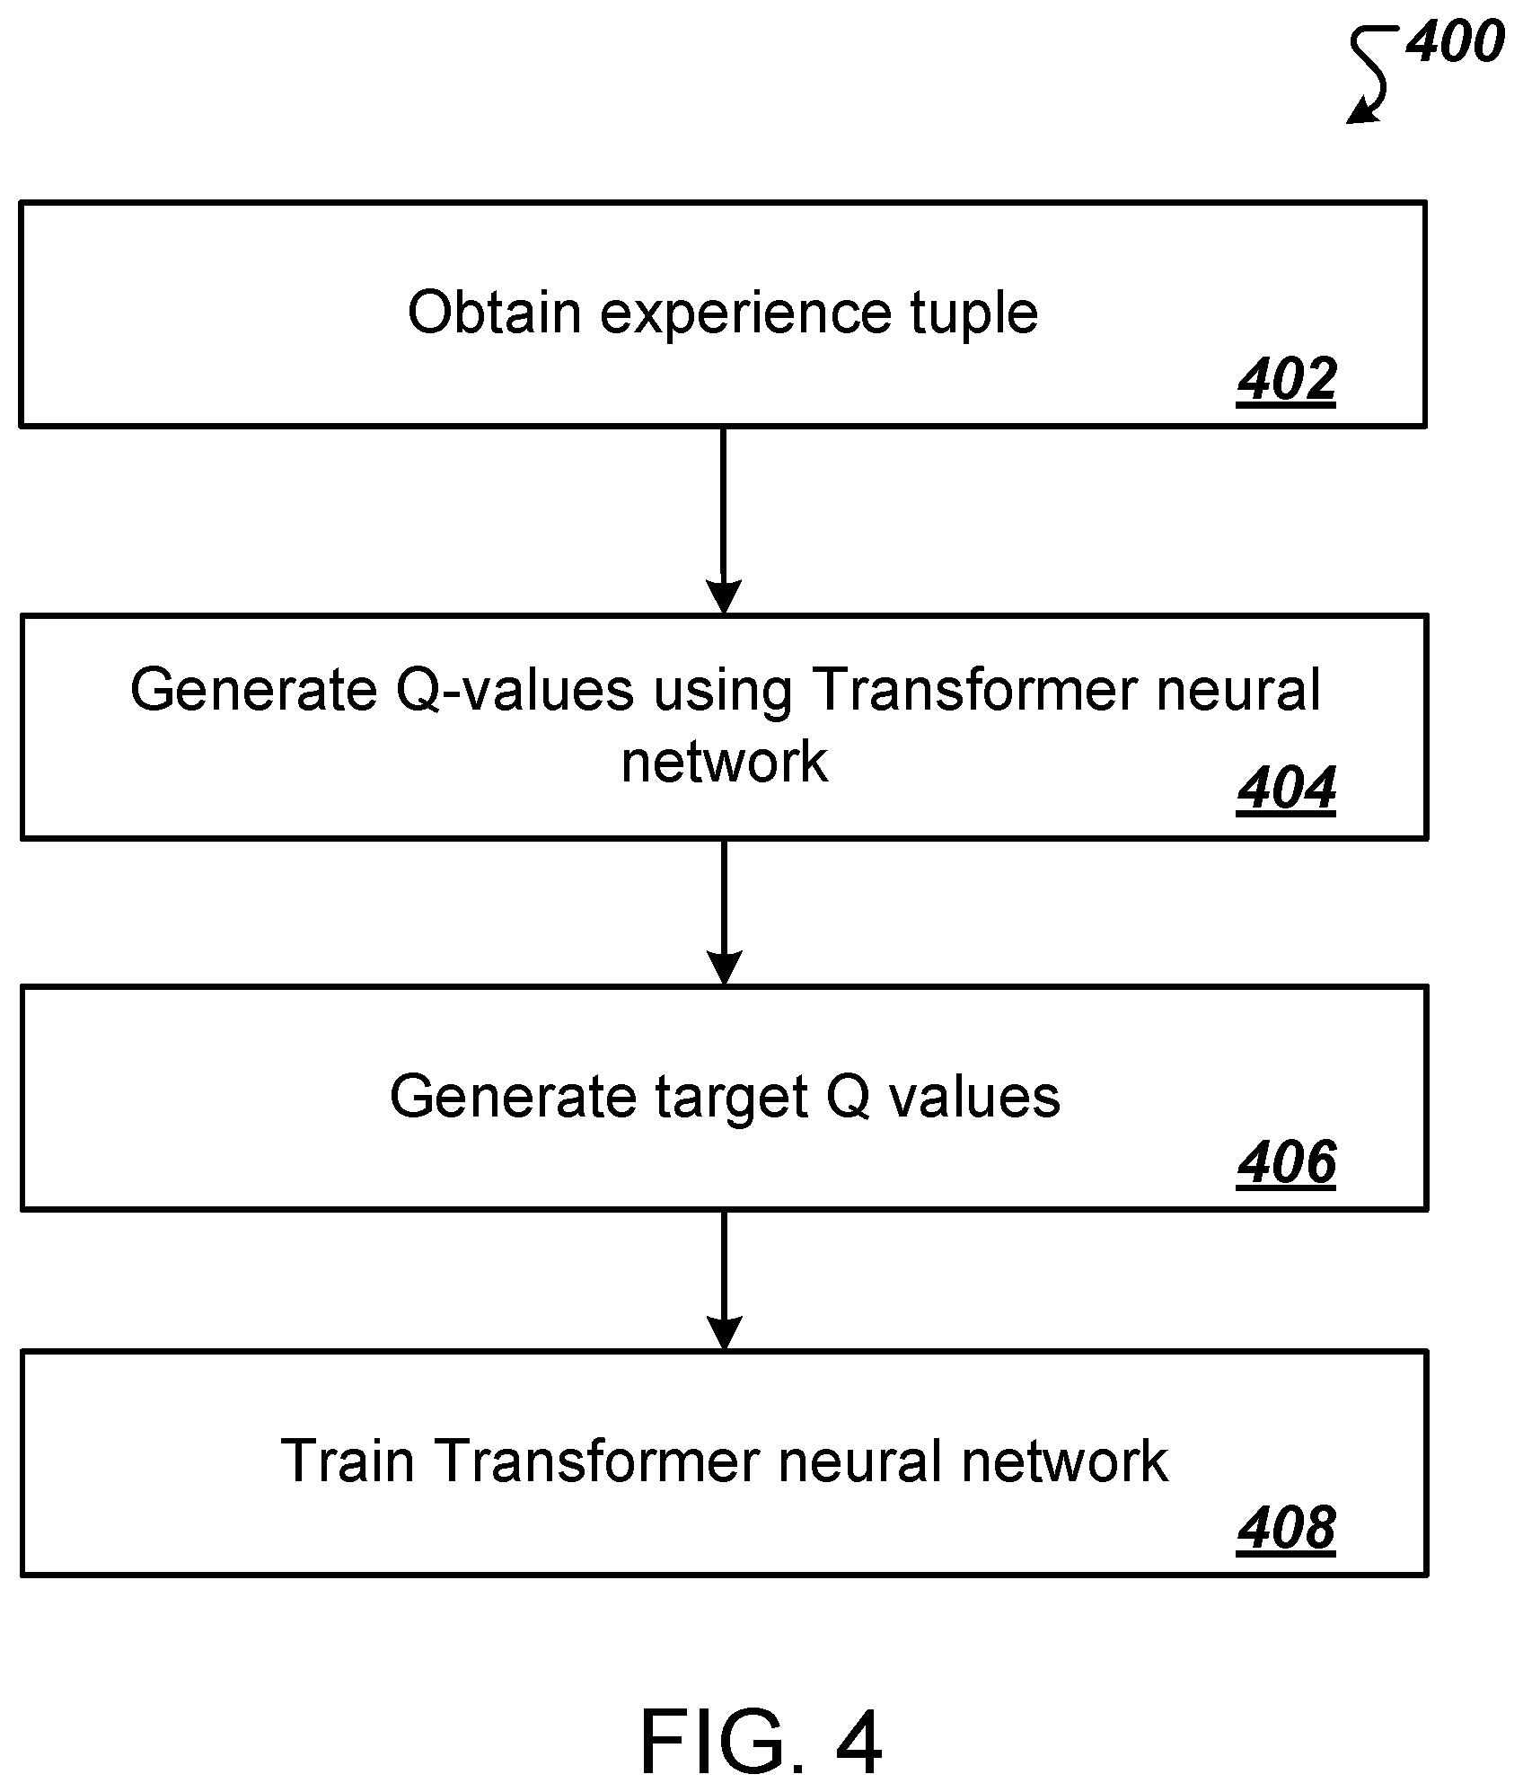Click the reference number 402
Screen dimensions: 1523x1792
pos(1286,380)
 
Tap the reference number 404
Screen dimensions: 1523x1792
pos(1286,790)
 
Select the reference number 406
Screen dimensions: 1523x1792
pos(1286,1162)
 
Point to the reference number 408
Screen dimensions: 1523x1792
pos(1286,1527)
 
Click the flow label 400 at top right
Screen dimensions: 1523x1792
pos(1454,42)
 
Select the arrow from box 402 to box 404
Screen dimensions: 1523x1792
pos(724,521)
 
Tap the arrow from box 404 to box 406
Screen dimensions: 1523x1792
pos(724,913)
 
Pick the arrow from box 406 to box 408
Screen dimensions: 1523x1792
pos(724,1280)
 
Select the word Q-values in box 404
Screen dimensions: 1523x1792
pos(515,691)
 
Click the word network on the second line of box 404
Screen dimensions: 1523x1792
pos(725,763)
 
